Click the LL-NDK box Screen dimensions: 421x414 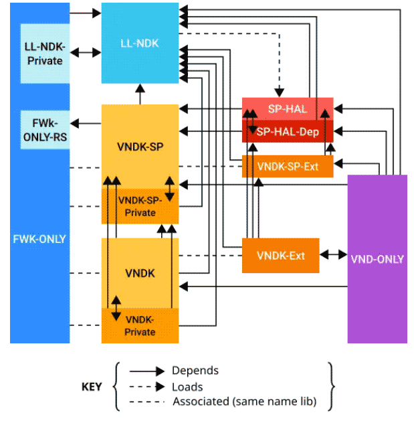tap(140, 44)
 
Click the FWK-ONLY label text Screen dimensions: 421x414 tap(39, 238)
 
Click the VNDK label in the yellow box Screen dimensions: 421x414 tap(140, 273)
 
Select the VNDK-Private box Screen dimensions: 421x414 tap(140, 326)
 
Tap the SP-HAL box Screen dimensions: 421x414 tap(287, 109)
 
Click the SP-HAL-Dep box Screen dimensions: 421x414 tap(288, 132)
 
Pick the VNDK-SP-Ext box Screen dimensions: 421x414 tap(288, 167)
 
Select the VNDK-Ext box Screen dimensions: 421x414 tap(280, 255)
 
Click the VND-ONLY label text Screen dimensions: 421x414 tap(377, 259)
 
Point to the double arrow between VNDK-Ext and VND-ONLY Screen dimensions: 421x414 tap(333, 255)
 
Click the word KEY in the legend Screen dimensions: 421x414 tap(92, 387)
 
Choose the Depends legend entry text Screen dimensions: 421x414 tap(195, 370)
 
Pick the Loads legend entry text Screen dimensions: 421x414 tap(187, 386)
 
